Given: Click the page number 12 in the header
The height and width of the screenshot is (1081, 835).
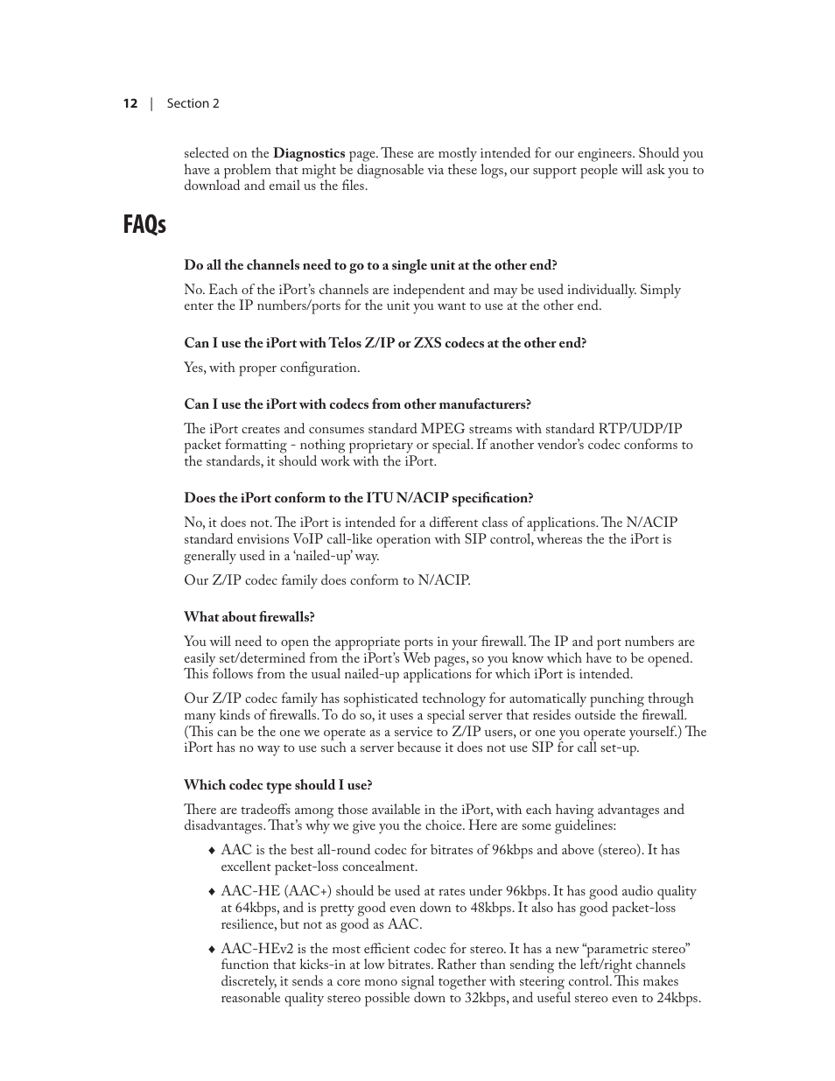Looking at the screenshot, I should coord(130,103).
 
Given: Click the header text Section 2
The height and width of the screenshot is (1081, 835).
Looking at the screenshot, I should coord(193,103).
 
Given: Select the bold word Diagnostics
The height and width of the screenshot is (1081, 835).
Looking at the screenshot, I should coord(309,153).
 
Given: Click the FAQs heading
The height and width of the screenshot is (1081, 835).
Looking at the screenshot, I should coord(144,224).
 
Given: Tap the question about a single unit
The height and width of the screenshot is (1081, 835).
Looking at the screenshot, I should coord(370,265).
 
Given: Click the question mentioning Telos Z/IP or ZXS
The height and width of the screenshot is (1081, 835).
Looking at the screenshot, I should coord(385,343).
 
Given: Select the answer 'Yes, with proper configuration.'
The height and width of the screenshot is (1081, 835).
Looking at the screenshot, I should coord(271,368).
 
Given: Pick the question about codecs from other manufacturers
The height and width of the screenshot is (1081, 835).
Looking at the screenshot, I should coord(357,404).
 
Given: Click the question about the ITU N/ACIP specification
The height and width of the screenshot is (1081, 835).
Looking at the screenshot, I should coord(358,498).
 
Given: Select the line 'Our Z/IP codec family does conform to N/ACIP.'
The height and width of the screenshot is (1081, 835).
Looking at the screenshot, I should coord(326,580).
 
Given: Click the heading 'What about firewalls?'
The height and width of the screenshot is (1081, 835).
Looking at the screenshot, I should coord(249,617).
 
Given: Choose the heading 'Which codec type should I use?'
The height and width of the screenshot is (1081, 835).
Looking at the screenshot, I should coord(277,785).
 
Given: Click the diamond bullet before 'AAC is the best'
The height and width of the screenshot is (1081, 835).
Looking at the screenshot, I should coord(211,851).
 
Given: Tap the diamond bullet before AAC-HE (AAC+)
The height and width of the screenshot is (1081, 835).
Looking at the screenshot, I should coord(211,892).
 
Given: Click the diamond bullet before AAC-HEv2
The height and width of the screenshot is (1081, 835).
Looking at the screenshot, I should coord(211,950).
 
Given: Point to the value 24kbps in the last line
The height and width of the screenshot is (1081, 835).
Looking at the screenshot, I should coord(677,998).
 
